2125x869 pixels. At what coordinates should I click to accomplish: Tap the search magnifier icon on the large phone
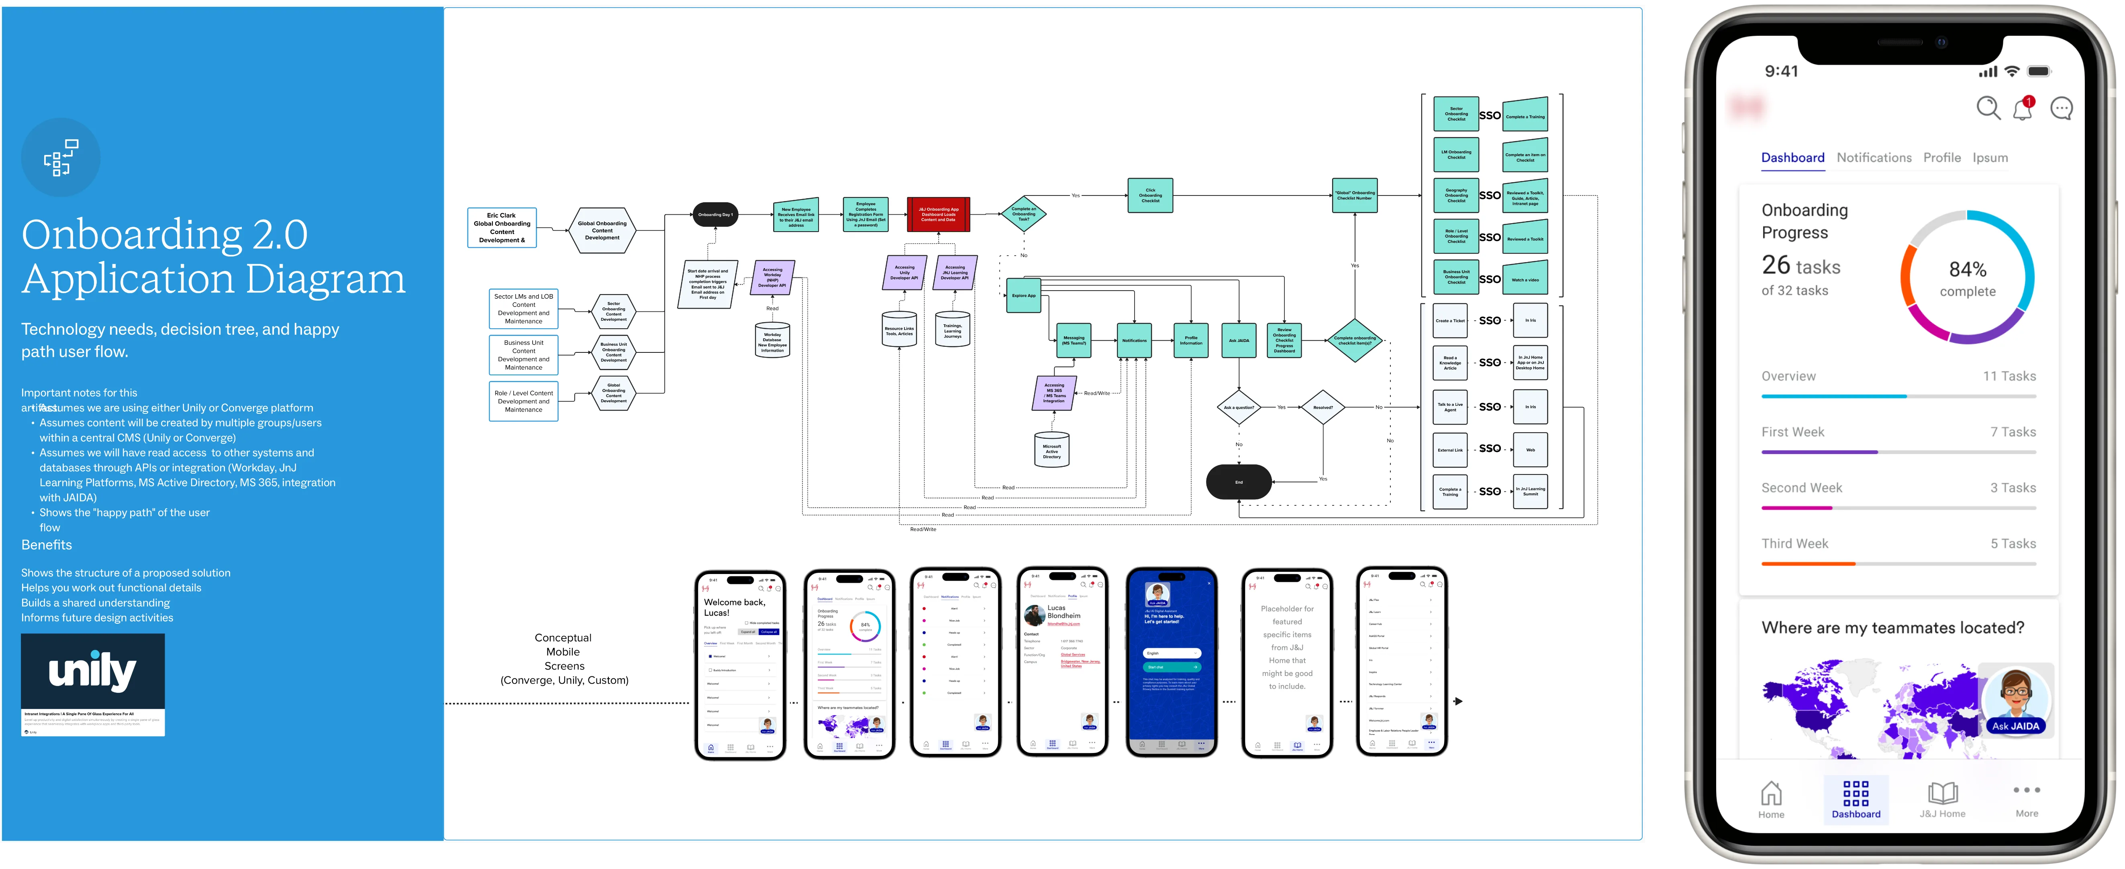[1988, 108]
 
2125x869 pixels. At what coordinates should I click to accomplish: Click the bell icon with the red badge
[2023, 108]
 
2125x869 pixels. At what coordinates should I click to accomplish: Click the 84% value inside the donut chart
[1968, 270]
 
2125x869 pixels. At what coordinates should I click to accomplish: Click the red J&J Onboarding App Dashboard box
[938, 214]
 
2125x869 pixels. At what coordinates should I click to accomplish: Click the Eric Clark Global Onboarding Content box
[502, 228]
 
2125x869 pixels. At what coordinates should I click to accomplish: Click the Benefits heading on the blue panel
[47, 545]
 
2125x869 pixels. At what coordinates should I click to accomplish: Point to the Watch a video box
[1525, 279]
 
